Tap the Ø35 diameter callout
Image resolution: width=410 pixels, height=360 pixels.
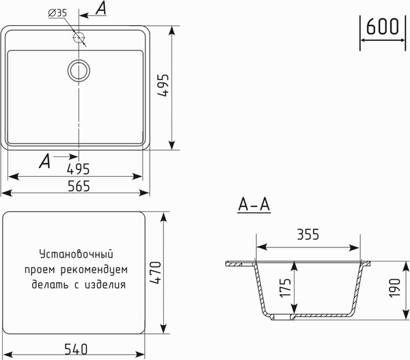click(58, 12)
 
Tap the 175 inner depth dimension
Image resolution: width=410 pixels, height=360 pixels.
click(286, 286)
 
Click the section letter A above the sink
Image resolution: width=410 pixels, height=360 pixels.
click(101, 8)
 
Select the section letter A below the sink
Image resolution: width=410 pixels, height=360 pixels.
click(44, 161)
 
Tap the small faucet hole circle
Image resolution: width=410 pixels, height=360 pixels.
click(79, 37)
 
